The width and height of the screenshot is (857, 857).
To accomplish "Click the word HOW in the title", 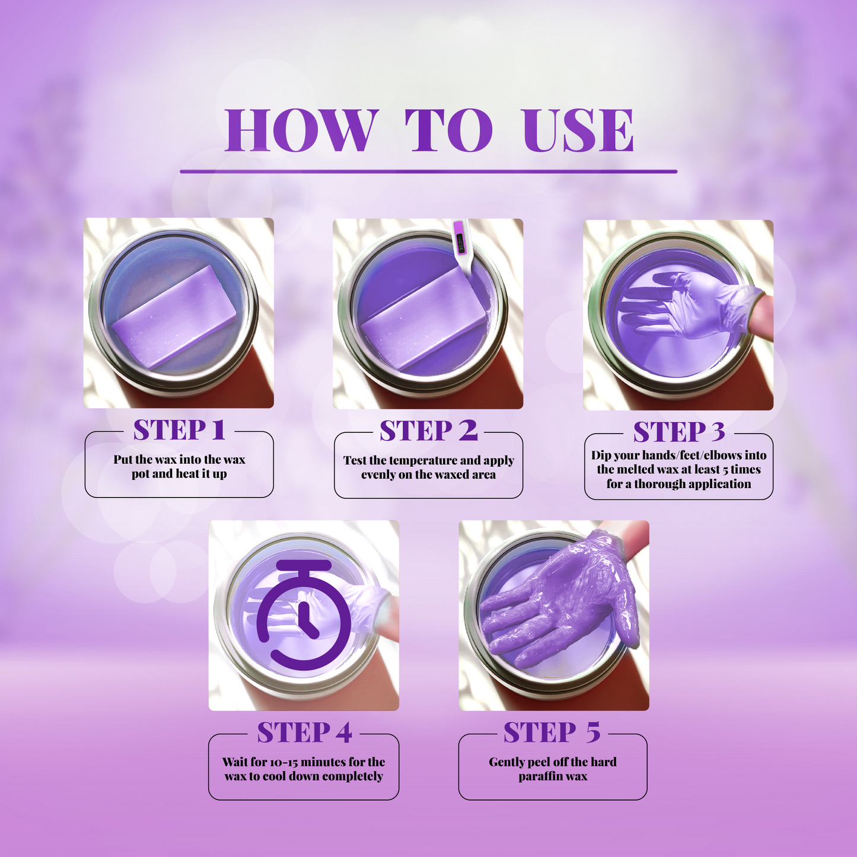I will point(301,130).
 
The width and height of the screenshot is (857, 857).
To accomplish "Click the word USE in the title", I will point(578,130).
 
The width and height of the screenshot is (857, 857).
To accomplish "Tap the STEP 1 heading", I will point(179,430).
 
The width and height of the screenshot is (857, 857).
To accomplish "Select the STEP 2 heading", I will point(428,431).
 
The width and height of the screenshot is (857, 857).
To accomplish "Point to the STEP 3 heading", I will point(679,432).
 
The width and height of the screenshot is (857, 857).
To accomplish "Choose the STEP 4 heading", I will point(304,733).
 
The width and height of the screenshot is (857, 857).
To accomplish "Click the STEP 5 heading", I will point(552,733).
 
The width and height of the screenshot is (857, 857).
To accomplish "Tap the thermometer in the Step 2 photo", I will point(461,245).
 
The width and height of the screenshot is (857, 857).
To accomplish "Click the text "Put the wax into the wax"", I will point(179,460).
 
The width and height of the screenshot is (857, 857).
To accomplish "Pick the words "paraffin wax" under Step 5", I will point(553,776).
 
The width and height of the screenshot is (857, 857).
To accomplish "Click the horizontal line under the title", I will point(428,171).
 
